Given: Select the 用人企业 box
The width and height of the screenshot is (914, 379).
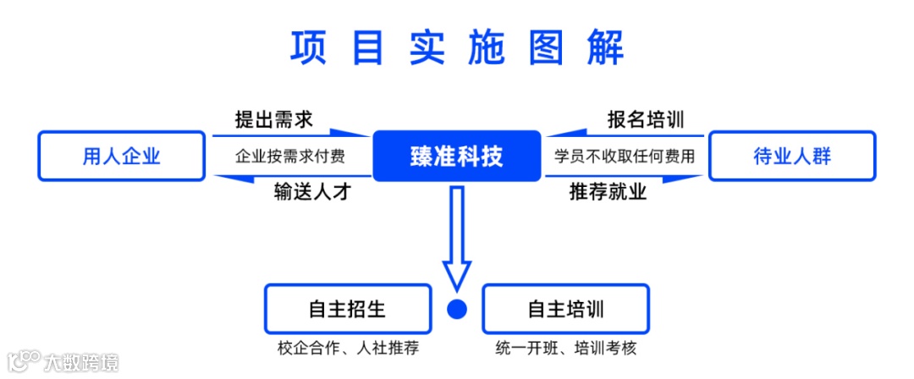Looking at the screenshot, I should pos(122,156).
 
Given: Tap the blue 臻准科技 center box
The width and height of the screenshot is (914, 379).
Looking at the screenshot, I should pos(456,156).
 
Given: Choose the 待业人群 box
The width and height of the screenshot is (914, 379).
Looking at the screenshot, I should pos(792,156).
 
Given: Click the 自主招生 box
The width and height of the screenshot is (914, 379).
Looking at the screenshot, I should pos(347,309).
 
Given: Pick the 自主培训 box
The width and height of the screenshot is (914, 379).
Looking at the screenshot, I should pos(565,309).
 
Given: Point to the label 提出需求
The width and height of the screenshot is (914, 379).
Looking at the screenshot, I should pos(273,119).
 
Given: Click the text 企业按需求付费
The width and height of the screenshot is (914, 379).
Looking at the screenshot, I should pos(289,157).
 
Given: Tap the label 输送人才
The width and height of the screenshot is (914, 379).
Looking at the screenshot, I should pos(311,192).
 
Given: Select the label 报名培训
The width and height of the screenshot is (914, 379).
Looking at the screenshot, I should pos(646,119).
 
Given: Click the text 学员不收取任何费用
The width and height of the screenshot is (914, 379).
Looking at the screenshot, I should pos(625,157).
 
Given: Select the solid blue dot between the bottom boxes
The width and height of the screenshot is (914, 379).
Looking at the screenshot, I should pos(457,310).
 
